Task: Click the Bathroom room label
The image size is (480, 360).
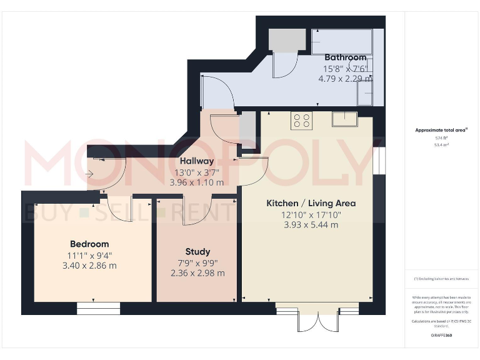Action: click(345, 57)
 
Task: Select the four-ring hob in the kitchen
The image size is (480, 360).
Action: click(301, 121)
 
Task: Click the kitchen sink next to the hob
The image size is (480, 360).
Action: click(344, 119)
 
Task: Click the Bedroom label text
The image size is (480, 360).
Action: click(89, 244)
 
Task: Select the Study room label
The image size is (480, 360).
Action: click(197, 251)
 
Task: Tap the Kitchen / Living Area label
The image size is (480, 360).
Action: click(311, 203)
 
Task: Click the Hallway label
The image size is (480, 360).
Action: click(197, 161)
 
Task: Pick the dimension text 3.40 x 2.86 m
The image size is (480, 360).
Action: click(89, 266)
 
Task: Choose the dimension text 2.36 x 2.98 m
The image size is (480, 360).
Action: click(197, 273)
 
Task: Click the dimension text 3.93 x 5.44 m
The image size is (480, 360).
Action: click(311, 224)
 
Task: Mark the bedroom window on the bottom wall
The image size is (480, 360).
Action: click(98, 308)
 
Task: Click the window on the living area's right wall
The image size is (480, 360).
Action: click(377, 162)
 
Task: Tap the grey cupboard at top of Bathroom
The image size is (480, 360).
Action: click(287, 41)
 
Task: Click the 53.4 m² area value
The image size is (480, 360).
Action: click(442, 144)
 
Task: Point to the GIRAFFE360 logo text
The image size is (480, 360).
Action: click(442, 336)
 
